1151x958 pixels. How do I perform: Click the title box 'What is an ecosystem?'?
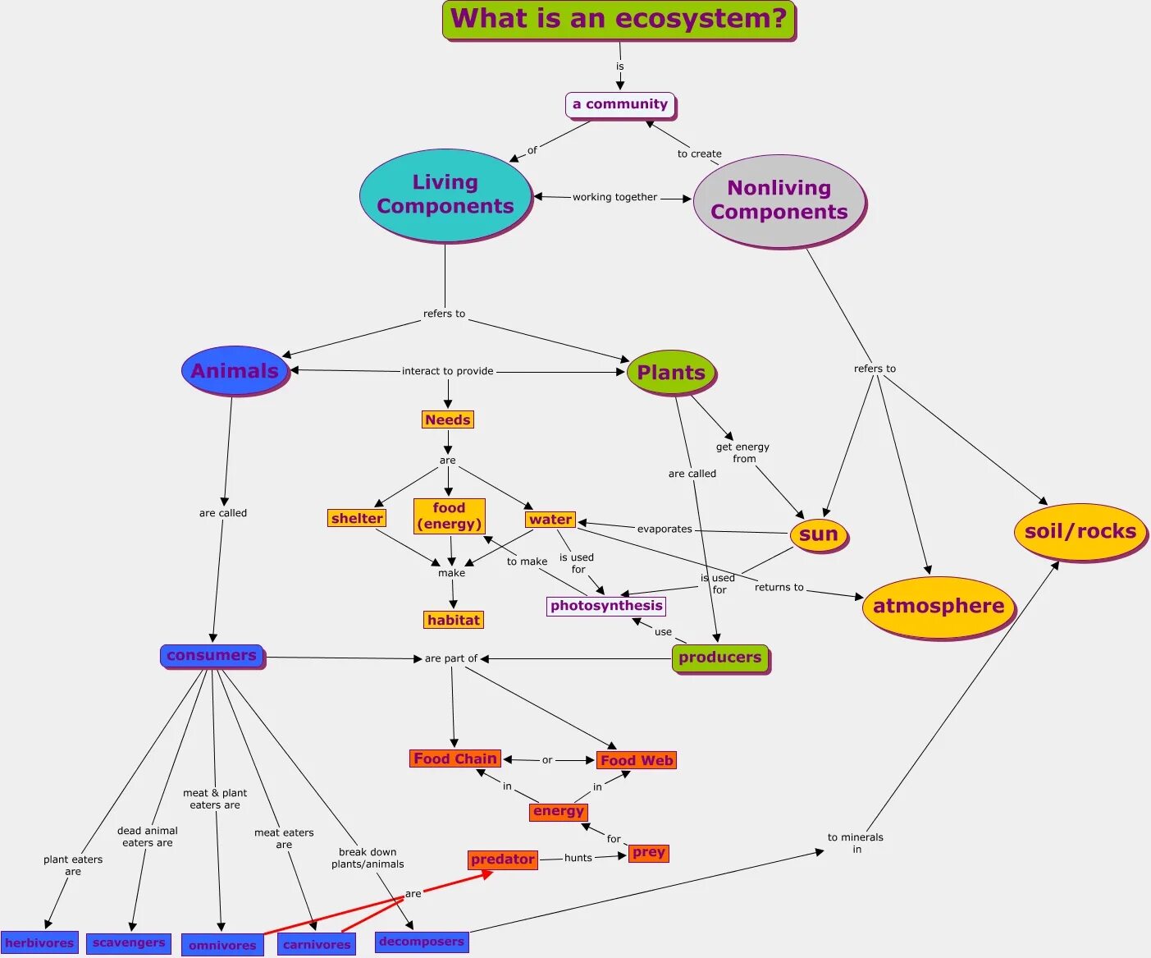[619, 20]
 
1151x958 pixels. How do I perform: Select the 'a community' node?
[620, 104]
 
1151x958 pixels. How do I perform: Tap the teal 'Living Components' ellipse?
[445, 195]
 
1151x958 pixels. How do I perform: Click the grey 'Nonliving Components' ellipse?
[779, 200]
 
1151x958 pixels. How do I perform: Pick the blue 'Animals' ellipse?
[235, 371]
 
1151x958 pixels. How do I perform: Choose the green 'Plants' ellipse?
[671, 373]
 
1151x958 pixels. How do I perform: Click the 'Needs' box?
[448, 419]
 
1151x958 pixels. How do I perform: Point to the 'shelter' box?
[357, 518]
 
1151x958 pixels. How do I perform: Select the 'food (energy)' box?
[449, 516]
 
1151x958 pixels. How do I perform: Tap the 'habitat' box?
[454, 620]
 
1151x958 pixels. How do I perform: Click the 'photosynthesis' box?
[606, 606]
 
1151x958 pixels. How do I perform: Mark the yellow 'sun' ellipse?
[818, 534]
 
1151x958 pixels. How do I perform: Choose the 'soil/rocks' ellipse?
[1080, 532]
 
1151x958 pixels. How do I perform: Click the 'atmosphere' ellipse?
[939, 607]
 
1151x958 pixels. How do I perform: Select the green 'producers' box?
[720, 658]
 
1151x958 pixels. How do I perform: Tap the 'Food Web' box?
[637, 760]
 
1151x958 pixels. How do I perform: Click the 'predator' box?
[503, 859]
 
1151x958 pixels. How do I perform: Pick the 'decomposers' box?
[422, 942]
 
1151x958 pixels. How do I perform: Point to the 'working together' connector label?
[614, 197]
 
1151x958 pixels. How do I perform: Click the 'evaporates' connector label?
[665, 529]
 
